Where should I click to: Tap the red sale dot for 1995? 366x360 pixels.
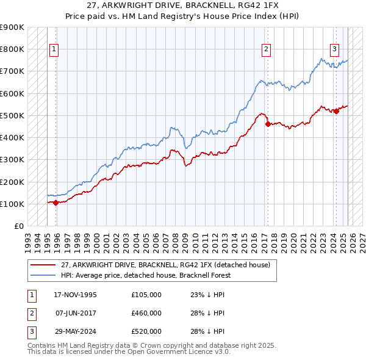[x=56, y=203]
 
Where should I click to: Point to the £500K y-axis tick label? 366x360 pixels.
[x=12, y=115]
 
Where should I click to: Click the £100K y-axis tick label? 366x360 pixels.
[x=12, y=204]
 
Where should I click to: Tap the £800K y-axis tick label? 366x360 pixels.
[x=12, y=49]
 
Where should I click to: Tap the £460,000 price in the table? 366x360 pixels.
[x=146, y=313]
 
